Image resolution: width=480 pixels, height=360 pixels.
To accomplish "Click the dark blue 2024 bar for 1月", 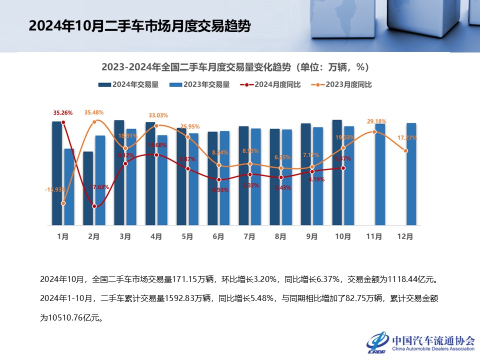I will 57,172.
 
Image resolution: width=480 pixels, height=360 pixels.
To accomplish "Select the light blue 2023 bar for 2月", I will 100,180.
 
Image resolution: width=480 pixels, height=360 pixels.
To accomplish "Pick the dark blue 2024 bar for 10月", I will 337,172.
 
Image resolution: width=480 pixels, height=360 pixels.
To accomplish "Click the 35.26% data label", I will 63,112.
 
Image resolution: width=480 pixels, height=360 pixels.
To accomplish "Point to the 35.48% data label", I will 94,112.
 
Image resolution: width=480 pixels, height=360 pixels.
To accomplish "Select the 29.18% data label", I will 376,121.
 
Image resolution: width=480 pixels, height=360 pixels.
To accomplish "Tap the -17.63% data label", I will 98,187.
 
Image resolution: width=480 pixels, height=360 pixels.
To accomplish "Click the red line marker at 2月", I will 94,206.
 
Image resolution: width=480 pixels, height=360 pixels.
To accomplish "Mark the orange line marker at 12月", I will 405,150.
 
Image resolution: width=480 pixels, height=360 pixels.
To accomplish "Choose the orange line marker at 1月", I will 63,203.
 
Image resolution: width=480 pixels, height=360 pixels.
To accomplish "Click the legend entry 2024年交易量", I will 128,84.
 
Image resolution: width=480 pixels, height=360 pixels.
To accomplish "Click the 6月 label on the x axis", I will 218,236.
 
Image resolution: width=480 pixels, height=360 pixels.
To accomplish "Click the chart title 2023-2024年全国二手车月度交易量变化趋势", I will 235,67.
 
